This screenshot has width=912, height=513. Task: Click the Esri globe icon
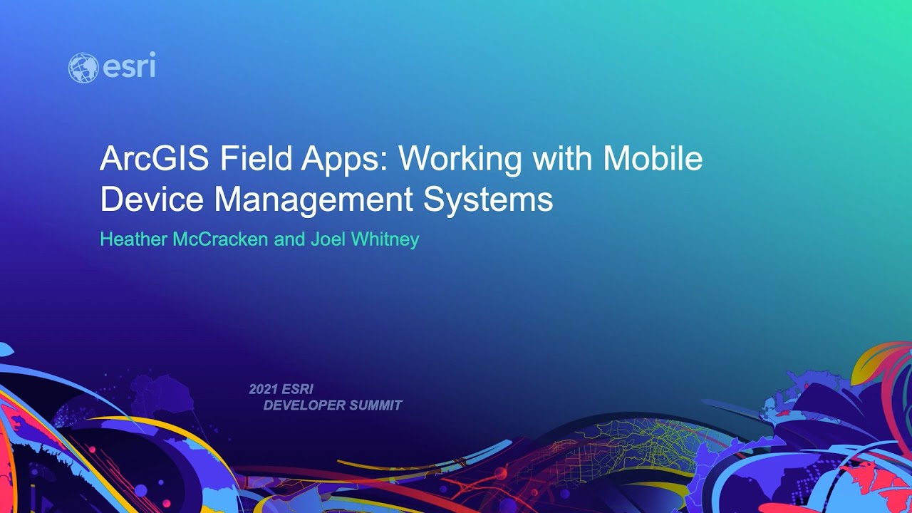pyautogui.click(x=83, y=68)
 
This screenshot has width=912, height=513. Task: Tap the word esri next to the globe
pyautogui.click(x=129, y=67)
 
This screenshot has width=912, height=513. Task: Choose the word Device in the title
pyautogui.click(x=151, y=199)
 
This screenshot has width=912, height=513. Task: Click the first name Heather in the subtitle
pyautogui.click(x=133, y=239)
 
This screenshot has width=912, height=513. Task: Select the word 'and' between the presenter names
pyautogui.click(x=289, y=239)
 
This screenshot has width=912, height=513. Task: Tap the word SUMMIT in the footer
pyautogui.click(x=376, y=405)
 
